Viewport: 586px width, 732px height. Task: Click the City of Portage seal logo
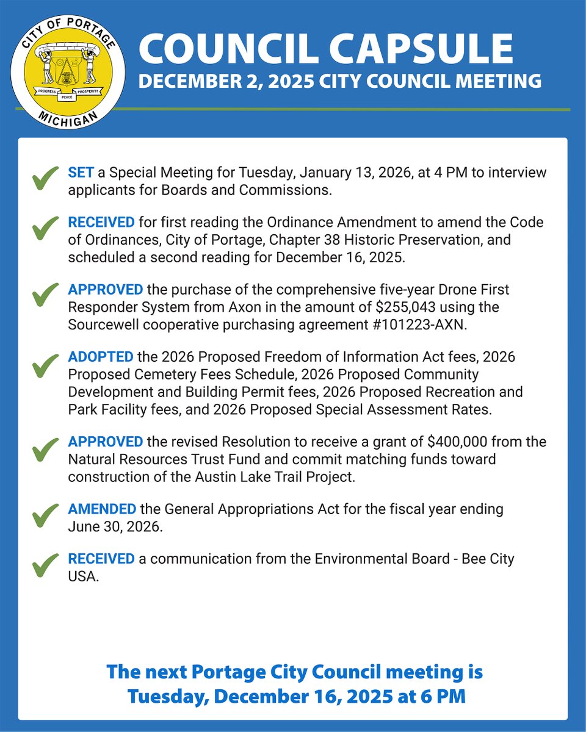click(68, 68)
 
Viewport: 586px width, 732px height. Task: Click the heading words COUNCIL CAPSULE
click(326, 48)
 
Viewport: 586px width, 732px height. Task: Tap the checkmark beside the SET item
click(45, 181)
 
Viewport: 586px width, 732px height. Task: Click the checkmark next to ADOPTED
click(45, 366)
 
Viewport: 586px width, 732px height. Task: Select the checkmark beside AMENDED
click(45, 517)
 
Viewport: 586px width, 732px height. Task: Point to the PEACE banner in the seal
click(68, 98)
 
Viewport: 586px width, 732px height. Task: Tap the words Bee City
click(485, 559)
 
